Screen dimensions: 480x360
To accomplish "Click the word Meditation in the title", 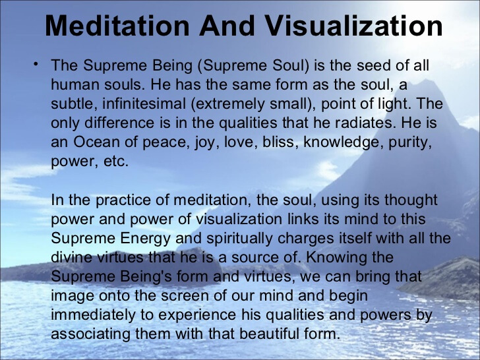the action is point(117,26).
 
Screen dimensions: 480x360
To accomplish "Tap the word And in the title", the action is point(227,26).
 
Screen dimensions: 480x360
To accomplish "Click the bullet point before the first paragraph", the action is point(36,64).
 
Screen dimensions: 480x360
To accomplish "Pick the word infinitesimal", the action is point(144,104).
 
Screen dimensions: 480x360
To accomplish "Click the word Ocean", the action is point(97,142).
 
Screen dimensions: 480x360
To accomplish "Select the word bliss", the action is point(278,142).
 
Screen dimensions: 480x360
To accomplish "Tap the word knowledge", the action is point(344,143).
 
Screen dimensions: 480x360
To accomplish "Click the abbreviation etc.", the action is point(116,162).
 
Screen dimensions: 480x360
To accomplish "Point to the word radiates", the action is point(366,123).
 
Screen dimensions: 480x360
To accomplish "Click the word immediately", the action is point(93,316).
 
